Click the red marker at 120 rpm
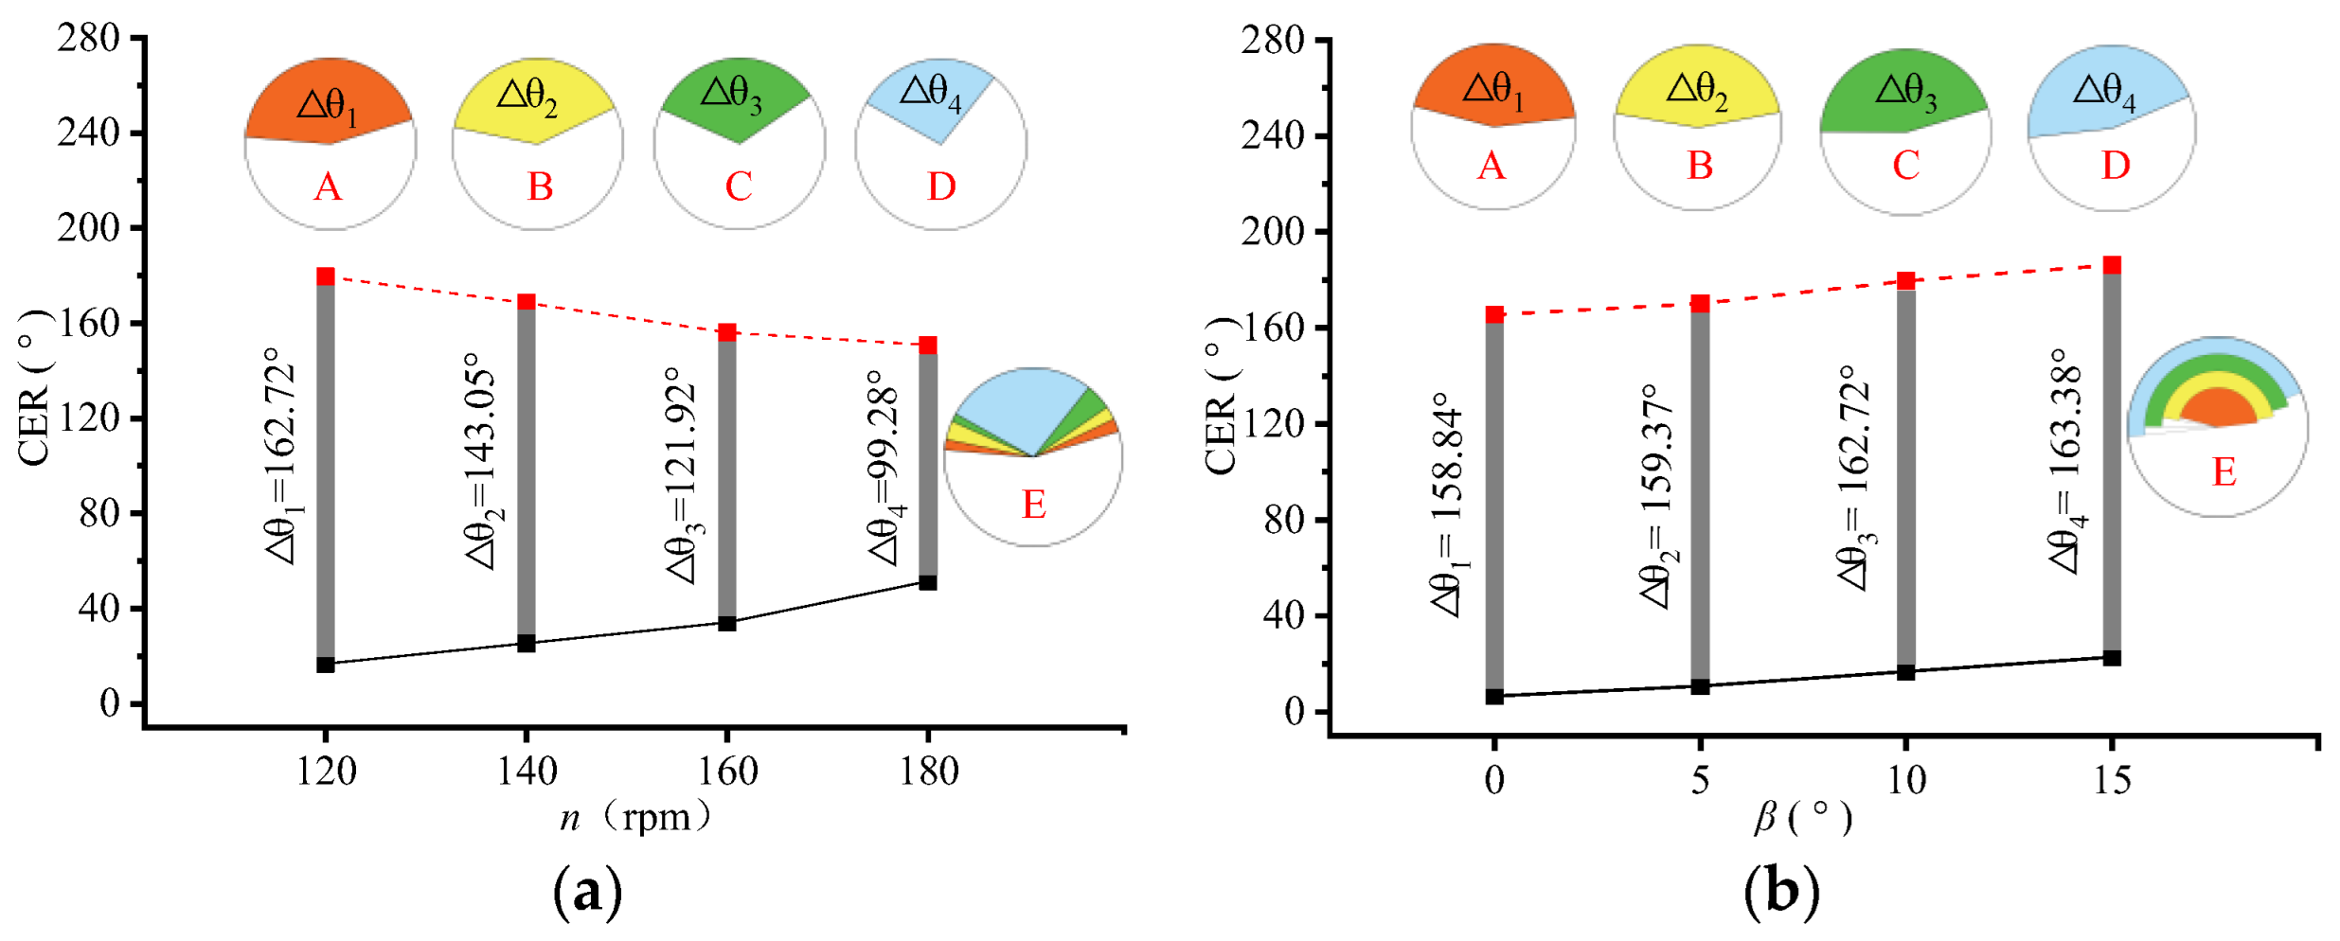click(326, 276)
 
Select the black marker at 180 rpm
click(928, 582)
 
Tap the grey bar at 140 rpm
click(527, 473)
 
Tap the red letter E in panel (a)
click(1033, 505)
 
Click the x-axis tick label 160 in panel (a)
click(727, 772)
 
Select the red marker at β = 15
click(2112, 265)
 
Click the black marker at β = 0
click(1494, 697)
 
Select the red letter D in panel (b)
click(2116, 167)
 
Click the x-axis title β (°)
click(1802, 816)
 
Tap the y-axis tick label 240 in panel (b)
click(1273, 135)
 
